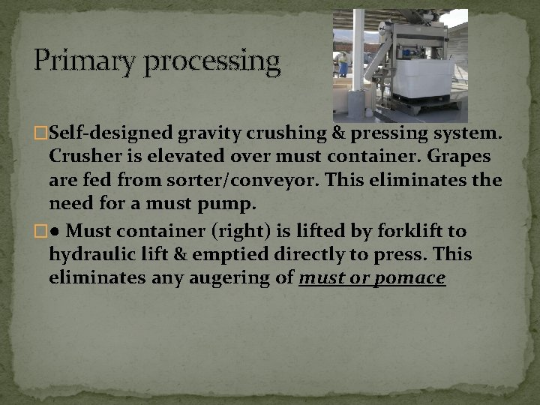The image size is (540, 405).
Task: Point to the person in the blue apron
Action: tap(343, 64)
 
